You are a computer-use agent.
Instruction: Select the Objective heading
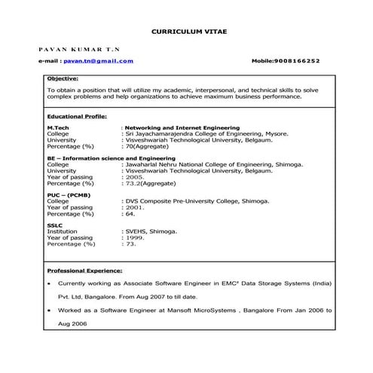(63, 78)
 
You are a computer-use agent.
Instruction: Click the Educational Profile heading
(76, 117)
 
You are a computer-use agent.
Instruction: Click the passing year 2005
(135, 176)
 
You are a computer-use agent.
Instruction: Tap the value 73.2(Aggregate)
(151, 182)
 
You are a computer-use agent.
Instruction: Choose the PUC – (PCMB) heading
(68, 195)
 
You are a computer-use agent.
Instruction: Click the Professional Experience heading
(84, 269)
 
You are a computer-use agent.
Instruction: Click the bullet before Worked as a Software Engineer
(49, 310)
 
